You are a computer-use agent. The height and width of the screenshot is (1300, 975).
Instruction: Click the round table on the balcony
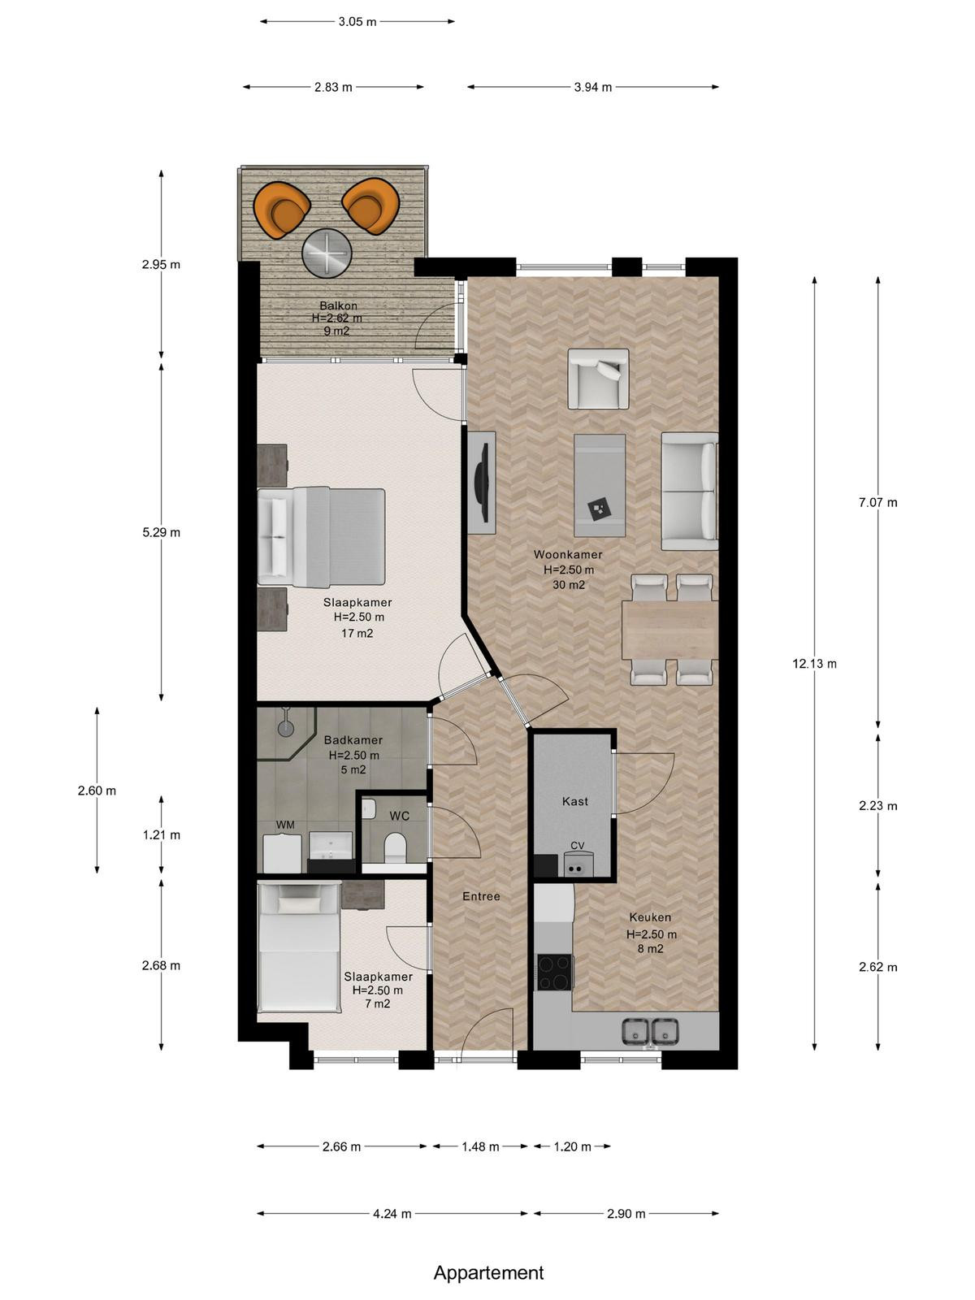[327, 253]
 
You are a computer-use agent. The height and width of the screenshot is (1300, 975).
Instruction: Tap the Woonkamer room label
[568, 555]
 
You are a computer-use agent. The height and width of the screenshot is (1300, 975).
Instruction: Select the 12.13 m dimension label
[815, 664]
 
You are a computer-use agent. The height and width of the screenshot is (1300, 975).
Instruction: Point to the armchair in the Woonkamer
[599, 379]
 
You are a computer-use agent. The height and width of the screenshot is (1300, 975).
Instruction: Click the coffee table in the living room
[600, 486]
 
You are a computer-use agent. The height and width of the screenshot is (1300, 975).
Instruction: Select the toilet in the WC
[394, 847]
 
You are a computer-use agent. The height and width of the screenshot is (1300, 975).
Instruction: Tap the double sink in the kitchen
[650, 1032]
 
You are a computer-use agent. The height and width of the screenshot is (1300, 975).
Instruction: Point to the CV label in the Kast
[577, 845]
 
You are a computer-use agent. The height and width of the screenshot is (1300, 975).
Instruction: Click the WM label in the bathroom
[284, 825]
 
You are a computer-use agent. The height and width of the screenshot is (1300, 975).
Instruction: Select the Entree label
[481, 897]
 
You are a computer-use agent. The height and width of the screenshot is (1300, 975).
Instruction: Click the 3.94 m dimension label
[592, 88]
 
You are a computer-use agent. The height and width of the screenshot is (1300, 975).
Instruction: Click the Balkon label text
[338, 305]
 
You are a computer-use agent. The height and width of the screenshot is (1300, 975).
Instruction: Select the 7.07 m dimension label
[878, 503]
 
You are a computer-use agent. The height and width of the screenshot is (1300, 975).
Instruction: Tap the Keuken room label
[650, 917]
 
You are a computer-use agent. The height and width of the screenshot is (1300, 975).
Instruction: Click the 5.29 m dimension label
[161, 532]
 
